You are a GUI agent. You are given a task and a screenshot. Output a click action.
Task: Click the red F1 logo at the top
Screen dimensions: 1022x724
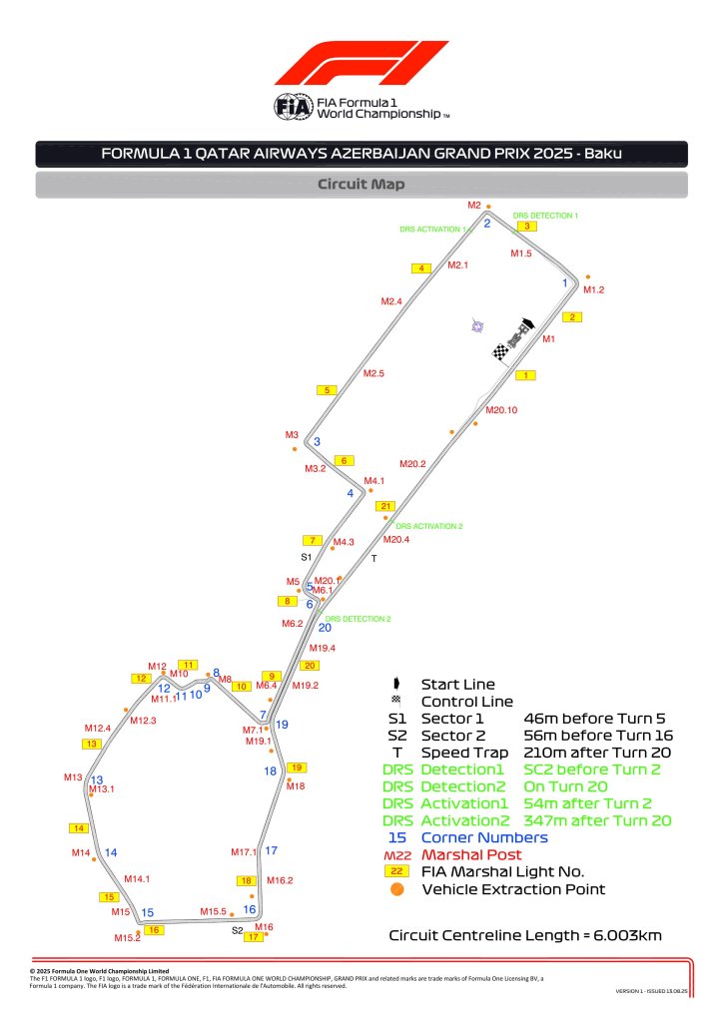[362, 63]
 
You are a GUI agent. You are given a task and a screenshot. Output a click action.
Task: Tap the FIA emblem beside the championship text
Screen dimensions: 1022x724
[294, 107]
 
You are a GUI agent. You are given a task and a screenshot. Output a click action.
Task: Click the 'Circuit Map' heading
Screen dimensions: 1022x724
[361, 185]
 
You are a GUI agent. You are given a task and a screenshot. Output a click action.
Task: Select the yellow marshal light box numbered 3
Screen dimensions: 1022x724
[527, 226]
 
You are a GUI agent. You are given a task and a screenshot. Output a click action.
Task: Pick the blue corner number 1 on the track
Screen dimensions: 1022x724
[565, 283]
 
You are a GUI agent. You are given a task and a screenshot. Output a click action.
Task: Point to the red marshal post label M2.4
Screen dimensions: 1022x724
[391, 301]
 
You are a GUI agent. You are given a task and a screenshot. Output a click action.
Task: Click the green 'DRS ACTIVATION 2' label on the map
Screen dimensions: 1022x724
[429, 526]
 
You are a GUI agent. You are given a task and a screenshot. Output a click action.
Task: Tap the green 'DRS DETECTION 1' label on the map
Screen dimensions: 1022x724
[545, 215]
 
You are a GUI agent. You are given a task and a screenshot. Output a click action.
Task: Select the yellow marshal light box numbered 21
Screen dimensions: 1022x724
[387, 506]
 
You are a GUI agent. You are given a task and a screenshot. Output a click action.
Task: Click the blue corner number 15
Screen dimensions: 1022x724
[147, 912]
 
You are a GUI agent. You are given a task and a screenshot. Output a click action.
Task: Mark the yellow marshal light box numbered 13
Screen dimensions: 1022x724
[93, 744]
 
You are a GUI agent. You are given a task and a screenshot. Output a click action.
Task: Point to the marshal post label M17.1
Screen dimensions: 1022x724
[244, 852]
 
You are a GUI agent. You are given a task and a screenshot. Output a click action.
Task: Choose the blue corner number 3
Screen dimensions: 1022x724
[317, 441]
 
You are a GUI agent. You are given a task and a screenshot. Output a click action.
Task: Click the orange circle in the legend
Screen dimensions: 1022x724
[396, 889]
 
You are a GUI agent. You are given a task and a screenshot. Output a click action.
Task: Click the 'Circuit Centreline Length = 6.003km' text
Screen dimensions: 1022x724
[524, 935]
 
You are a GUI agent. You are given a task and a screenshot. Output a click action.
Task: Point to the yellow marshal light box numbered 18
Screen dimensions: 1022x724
[247, 880]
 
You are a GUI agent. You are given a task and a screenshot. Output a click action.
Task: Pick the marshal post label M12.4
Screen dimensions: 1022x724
[97, 729]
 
